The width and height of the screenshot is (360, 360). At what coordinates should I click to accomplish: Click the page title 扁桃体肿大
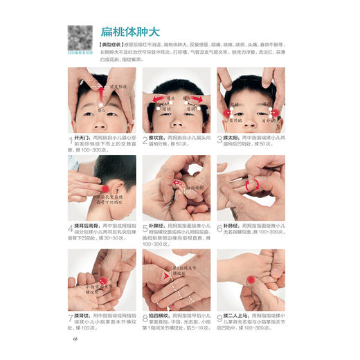(x=132, y=32)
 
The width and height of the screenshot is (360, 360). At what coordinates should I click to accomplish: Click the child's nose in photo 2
(x=177, y=118)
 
